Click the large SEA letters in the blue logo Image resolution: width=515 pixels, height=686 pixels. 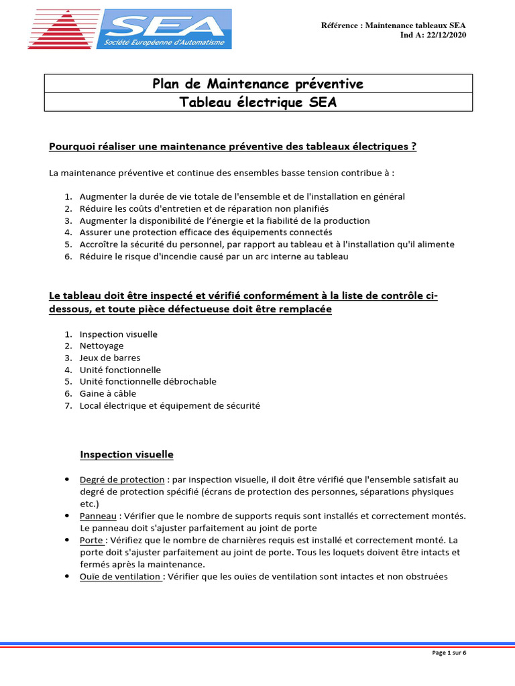166,26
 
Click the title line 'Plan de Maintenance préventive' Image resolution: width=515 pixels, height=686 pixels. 258,84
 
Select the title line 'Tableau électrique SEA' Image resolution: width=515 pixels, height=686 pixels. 258,102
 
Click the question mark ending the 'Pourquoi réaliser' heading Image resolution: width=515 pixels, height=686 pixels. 414,146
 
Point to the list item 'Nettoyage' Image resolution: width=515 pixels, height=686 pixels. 101,346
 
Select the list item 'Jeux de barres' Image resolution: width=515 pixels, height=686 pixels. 110,358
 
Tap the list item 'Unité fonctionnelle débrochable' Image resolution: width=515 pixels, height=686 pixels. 148,381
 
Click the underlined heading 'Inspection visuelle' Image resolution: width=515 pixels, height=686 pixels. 127,454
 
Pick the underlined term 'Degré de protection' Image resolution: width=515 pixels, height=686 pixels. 121,480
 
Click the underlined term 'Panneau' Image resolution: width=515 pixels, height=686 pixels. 97,516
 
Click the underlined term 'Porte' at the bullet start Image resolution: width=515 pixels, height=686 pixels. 91,540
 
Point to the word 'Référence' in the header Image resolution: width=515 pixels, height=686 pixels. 341,25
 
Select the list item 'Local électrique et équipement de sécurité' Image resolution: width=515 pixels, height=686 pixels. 169,405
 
